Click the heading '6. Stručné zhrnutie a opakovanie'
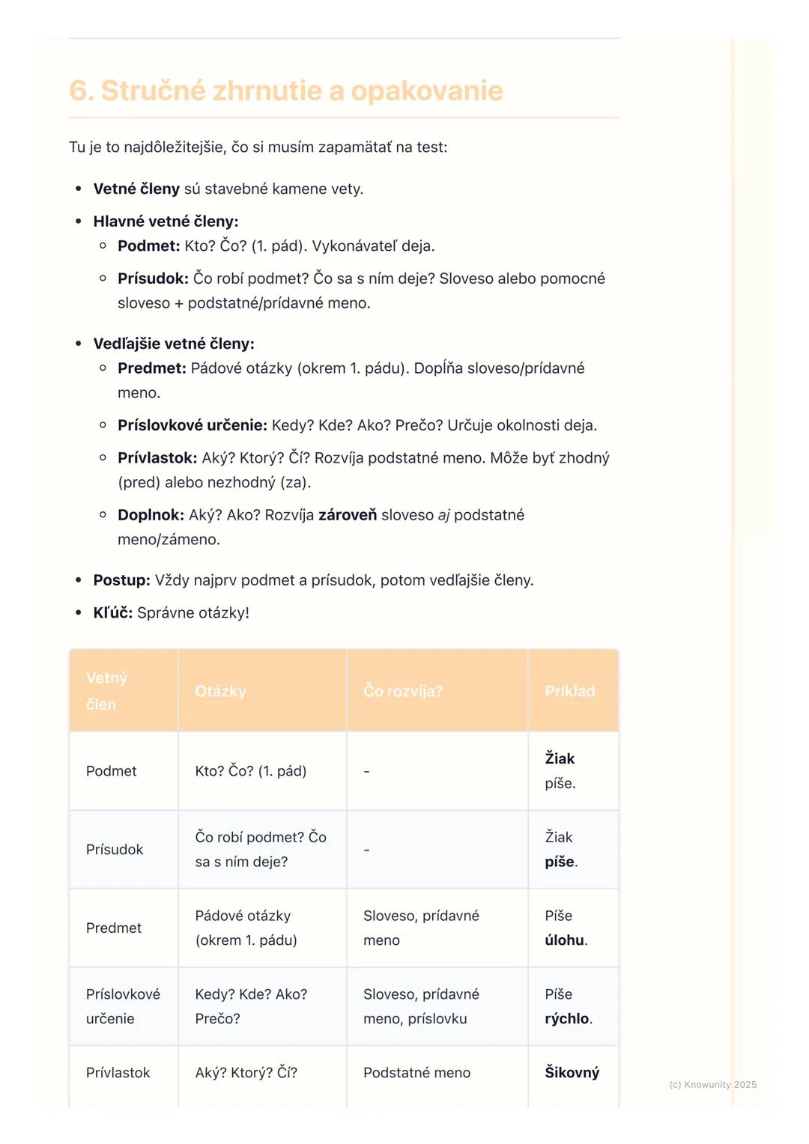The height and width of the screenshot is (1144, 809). pos(285,91)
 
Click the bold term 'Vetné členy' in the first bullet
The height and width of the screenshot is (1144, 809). pos(136,189)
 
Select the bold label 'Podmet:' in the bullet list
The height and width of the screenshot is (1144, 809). pos(148,246)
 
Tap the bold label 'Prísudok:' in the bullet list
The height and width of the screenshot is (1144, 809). pos(153,279)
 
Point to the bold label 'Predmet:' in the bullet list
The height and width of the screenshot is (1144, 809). pos(151,368)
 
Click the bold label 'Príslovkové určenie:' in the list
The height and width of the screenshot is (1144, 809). pos(192,425)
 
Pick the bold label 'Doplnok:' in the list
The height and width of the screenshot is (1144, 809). pos(151,515)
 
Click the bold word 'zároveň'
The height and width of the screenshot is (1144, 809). pos(348,515)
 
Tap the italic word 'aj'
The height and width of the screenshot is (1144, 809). pos(443,515)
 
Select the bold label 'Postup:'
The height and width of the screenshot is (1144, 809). pos(121,580)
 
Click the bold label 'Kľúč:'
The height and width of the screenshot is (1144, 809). pos(112,613)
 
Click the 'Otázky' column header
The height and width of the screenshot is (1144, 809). pos(220,691)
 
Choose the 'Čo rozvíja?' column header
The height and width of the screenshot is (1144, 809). pos(403,691)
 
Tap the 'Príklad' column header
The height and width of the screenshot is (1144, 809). pos(569,691)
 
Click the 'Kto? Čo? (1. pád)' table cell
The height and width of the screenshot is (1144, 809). pos(251,771)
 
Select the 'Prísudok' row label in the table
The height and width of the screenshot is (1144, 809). pos(115,850)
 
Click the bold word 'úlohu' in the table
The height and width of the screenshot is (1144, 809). pos(564,940)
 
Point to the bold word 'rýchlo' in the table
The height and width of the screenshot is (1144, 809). pos(566,1019)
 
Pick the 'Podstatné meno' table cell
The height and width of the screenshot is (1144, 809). pos(416,1073)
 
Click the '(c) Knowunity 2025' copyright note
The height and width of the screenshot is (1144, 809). pos(712,1085)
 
